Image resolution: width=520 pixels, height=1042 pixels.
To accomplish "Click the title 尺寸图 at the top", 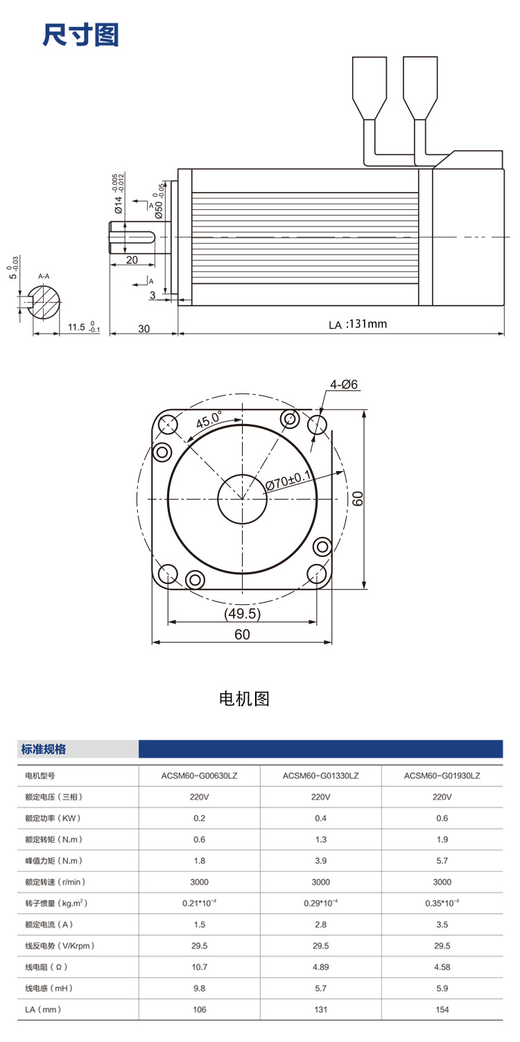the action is [x=80, y=35].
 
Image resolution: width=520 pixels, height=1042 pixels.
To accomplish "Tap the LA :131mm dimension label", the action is [x=358, y=324].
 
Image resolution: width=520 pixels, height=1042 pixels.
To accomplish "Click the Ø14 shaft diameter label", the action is [x=119, y=205].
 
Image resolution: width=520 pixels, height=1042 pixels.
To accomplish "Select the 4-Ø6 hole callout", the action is [x=344, y=385].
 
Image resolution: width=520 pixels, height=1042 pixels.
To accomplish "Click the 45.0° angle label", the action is [x=208, y=420].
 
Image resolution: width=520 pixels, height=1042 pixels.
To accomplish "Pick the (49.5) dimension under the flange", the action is [x=242, y=614].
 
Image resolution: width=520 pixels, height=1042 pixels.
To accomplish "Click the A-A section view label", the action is [x=44, y=276].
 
